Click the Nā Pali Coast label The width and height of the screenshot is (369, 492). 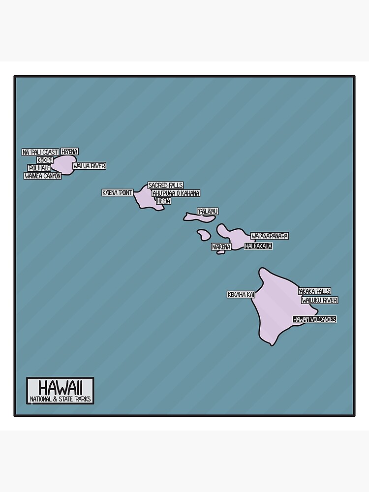click(40, 152)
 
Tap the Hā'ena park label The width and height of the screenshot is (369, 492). click(70, 152)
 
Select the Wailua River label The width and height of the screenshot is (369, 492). click(89, 166)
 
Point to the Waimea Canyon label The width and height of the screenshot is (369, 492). click(43, 176)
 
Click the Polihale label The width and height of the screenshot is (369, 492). click(39, 168)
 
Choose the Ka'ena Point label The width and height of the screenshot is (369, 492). click(118, 192)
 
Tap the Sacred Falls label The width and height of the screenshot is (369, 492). click(165, 185)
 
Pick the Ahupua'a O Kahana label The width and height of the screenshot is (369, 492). click(176, 193)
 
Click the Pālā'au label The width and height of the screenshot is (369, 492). click(208, 212)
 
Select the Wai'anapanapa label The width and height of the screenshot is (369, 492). click(269, 236)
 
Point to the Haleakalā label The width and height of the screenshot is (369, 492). click(258, 246)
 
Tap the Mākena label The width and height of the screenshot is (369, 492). click(221, 246)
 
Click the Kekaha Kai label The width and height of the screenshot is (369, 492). click(241, 295)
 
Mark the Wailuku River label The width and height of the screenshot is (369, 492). click(319, 300)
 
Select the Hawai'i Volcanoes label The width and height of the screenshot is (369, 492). click(314, 319)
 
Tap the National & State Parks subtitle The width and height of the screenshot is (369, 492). click(60, 399)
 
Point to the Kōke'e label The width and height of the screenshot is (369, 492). click(45, 160)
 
